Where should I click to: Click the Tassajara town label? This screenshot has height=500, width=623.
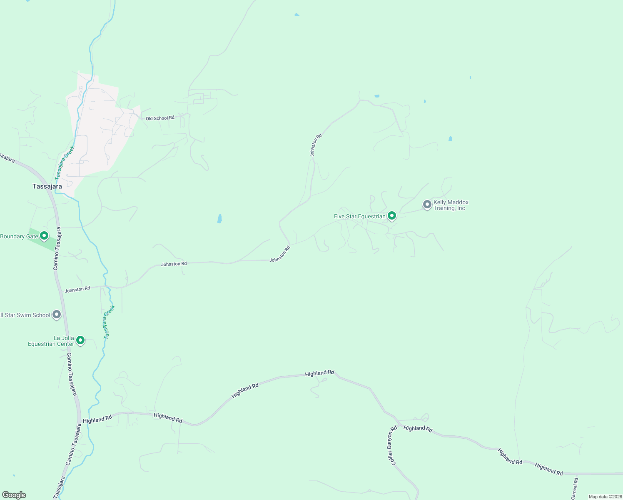pos(47,186)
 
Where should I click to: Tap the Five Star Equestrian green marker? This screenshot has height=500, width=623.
pos(391,216)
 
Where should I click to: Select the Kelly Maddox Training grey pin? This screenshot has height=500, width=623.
pos(427,205)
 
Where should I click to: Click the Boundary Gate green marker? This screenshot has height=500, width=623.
pos(44,236)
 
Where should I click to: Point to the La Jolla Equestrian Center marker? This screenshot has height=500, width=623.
pos(80,340)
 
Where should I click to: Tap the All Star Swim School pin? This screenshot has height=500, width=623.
pos(57,315)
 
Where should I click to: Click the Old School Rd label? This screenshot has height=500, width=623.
pos(160,118)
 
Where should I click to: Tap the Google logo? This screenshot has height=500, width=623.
pos(14,495)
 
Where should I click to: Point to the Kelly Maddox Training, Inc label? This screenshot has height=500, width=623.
pos(451,205)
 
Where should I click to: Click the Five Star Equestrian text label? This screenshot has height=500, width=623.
pos(359,216)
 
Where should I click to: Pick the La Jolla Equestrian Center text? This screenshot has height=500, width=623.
pos(51,341)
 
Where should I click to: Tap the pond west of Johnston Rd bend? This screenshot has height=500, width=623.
pos(219,218)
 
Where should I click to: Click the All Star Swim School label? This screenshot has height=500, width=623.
pos(25,315)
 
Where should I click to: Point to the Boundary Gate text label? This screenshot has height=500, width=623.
pos(19,236)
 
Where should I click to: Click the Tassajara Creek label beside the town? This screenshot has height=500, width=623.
pos(65,162)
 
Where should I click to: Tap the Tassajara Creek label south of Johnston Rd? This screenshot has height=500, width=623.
pos(109,322)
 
